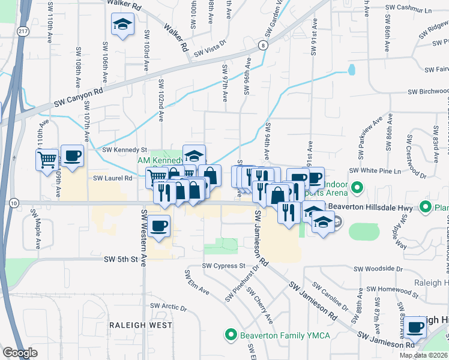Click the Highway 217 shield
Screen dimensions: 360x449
coord(23,31)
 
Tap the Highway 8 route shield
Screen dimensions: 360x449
coord(263,45)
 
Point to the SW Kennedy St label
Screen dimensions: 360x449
coord(124,149)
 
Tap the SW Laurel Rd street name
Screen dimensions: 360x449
coord(112,178)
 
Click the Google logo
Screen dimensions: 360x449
coord(20,353)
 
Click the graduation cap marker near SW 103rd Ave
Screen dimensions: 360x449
coord(122,25)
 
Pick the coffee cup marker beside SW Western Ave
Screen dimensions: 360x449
coord(159,226)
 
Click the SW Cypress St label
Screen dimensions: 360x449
coord(224,265)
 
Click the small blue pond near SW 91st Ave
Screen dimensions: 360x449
coord(351,69)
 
